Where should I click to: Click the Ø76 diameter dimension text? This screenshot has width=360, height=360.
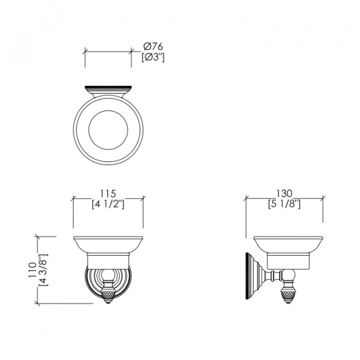point(153,47)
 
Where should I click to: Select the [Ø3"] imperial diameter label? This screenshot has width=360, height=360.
point(153,58)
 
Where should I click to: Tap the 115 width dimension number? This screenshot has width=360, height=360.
point(108,194)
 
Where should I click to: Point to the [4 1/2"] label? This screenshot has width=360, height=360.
point(108,204)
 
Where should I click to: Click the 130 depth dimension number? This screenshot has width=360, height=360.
point(284,194)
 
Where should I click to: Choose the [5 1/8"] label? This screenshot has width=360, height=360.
point(284,204)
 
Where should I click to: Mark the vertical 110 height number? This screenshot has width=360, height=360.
point(32,270)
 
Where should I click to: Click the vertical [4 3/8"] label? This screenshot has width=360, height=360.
point(43,270)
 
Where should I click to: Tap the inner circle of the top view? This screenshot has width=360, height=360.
point(108,110)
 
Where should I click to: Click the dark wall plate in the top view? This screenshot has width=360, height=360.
point(108,87)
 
